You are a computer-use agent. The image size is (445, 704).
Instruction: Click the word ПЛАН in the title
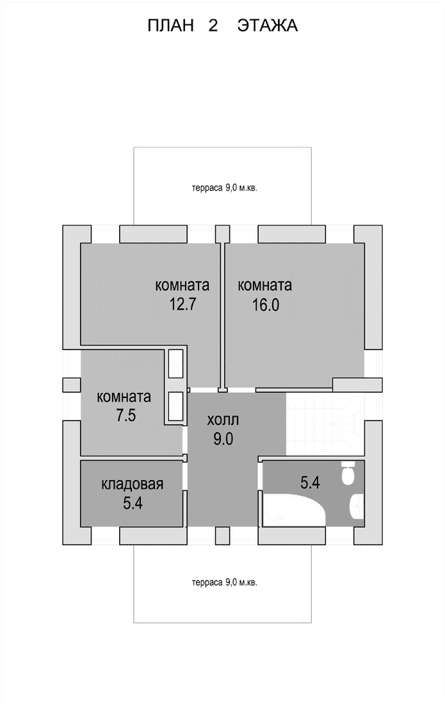(x=170, y=26)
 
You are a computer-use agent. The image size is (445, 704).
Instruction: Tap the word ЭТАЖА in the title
(x=268, y=26)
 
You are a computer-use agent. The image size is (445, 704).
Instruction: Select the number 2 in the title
(x=213, y=26)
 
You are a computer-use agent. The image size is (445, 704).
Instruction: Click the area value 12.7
(x=182, y=305)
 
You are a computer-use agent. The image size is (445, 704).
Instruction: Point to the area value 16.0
(x=265, y=305)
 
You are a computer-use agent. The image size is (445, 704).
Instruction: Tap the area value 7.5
(x=126, y=415)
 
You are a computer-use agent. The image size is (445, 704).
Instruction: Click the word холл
(x=223, y=420)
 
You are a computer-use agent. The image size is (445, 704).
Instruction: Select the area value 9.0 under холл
(x=223, y=438)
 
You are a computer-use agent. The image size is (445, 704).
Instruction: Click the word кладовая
(x=133, y=484)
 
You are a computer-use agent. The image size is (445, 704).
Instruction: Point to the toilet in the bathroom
(x=348, y=473)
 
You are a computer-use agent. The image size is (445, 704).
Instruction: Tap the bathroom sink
(x=357, y=506)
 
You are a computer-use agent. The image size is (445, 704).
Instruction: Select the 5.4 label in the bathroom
(x=310, y=483)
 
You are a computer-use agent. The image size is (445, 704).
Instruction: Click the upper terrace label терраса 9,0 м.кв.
(x=225, y=188)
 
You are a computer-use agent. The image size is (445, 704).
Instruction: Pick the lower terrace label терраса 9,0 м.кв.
(x=225, y=583)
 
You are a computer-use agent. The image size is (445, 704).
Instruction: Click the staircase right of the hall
(x=325, y=424)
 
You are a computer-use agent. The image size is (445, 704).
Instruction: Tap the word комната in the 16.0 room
(x=265, y=285)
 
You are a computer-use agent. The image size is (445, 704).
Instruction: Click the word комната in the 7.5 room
(x=124, y=397)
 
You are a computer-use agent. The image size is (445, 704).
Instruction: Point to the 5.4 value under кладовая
(x=133, y=503)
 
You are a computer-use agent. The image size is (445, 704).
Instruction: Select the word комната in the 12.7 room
(x=182, y=285)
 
